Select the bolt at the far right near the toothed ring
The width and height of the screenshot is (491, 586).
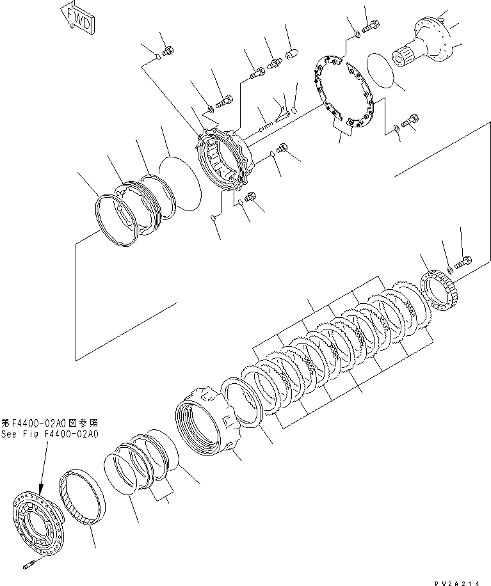(x=464, y=262)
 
